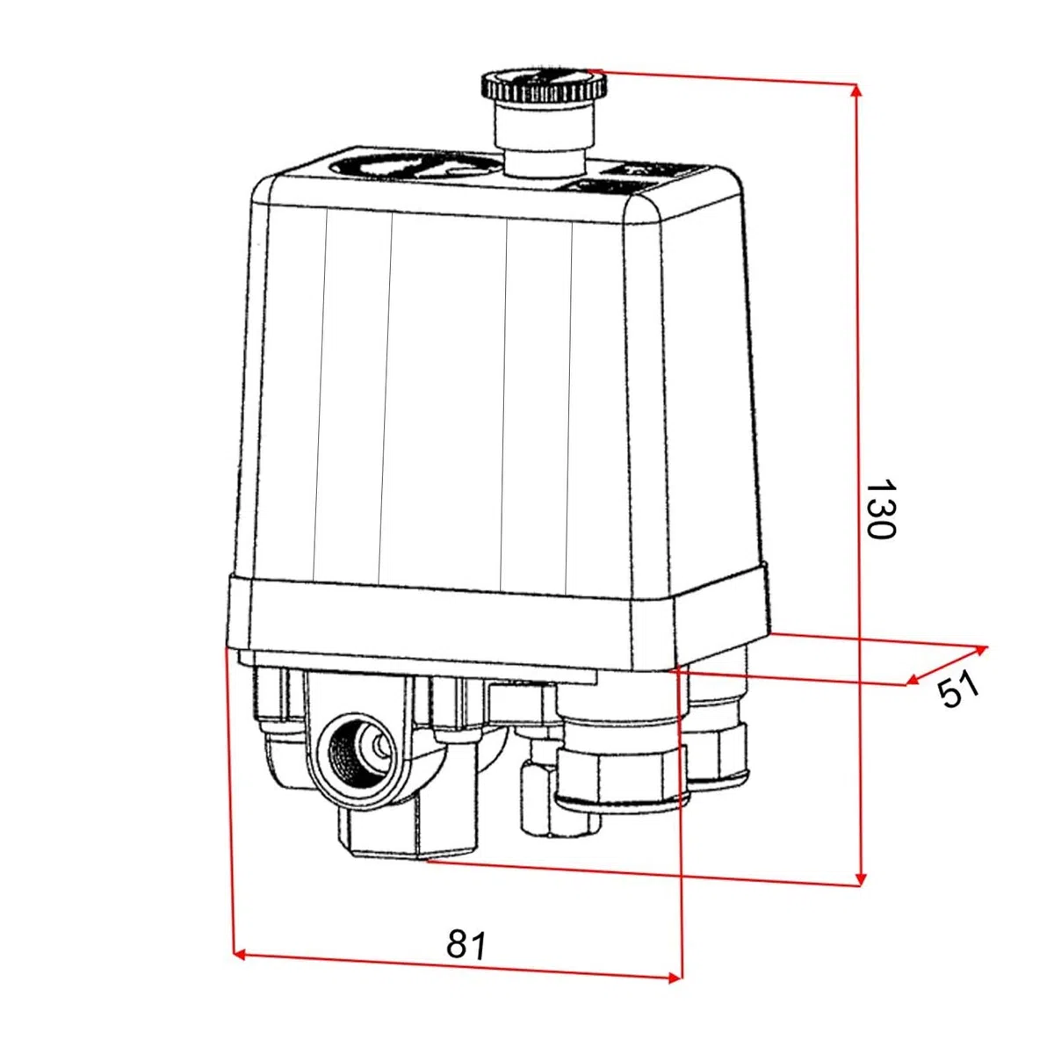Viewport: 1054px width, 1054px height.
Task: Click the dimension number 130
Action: pos(880,509)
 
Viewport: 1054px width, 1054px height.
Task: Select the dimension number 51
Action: pos(958,691)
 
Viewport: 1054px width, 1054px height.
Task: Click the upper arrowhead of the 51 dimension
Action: pos(980,650)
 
